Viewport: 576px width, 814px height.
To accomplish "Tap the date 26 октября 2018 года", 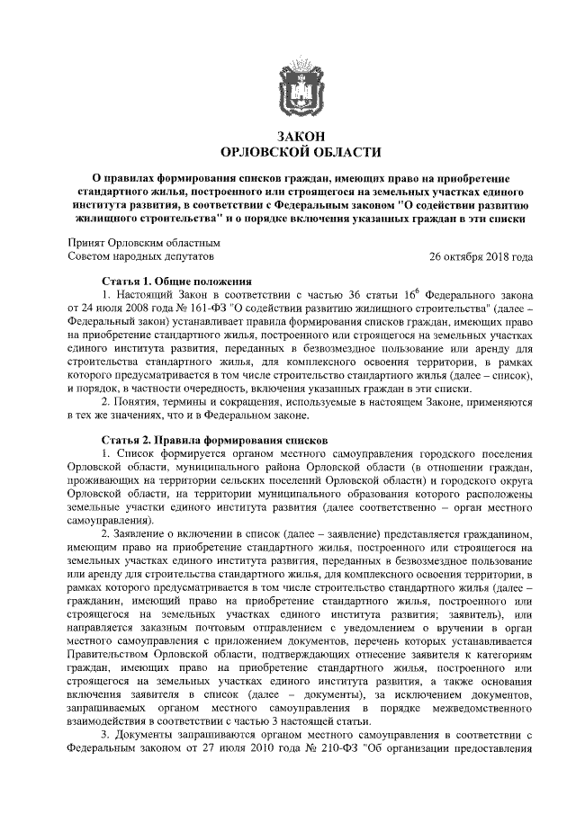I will point(481,256).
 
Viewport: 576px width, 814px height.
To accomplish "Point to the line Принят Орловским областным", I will point(144,242).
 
